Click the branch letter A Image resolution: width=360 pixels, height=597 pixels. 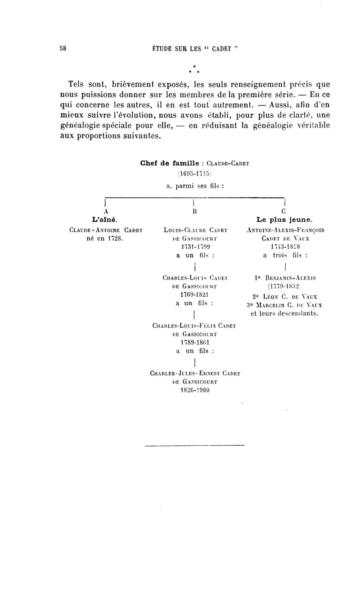click(105, 211)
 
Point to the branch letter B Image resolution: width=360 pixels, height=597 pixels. click(194, 211)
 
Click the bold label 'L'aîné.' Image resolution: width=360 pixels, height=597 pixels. click(105, 220)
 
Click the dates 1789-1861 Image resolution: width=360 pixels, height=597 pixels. click(194, 342)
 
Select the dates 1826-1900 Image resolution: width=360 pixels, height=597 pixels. click(194, 390)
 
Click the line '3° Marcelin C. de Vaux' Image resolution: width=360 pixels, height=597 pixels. click(284, 305)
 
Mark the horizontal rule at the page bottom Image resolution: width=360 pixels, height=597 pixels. click(194, 446)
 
